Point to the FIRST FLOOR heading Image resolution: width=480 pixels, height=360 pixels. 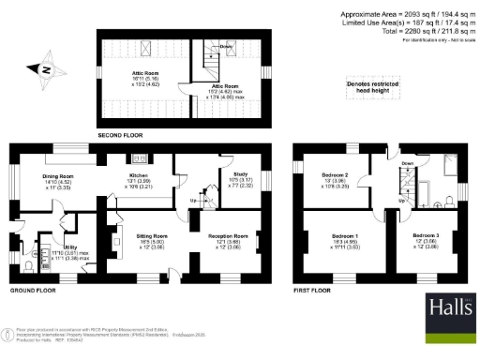(315, 292)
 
